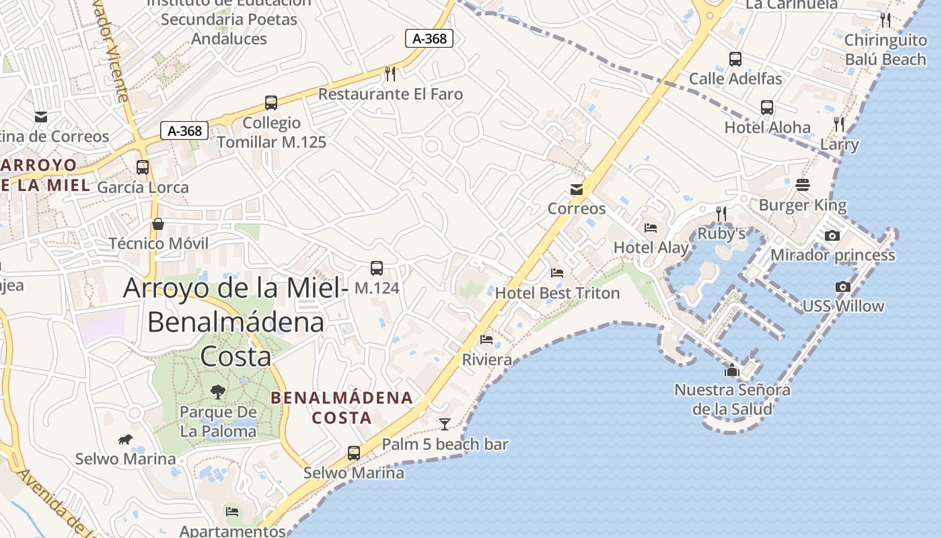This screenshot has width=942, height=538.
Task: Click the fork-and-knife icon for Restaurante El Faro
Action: (389, 73)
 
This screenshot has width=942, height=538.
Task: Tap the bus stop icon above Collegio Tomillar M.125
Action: (271, 103)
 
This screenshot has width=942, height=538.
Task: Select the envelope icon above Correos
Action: (577, 190)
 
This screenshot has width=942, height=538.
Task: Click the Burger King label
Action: (803, 205)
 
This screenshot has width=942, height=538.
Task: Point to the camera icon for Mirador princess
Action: (832, 235)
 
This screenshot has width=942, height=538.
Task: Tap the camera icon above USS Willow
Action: (842, 286)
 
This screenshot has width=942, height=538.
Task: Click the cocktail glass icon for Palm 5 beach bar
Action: (445, 424)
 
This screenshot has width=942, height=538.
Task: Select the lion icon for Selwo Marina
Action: (125, 440)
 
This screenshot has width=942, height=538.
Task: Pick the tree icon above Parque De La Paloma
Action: (217, 391)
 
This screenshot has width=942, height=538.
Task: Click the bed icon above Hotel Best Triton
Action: (557, 273)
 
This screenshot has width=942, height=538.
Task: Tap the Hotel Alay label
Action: (651, 247)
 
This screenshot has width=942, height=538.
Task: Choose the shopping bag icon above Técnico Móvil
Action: (158, 224)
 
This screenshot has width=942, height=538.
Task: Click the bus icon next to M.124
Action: (377, 268)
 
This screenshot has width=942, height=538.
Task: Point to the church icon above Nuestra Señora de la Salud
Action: (732, 370)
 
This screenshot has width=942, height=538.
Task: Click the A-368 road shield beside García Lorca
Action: (184, 130)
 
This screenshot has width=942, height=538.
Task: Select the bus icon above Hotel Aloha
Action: (767, 108)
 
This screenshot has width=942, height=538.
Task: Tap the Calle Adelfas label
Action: (735, 79)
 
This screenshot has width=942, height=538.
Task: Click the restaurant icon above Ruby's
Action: (721, 214)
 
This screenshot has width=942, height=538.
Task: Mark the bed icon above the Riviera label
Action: (486, 340)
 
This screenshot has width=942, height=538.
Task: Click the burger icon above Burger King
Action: (802, 184)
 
